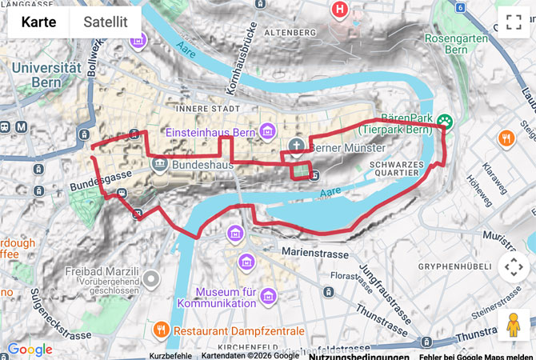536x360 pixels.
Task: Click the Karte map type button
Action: point(38,22)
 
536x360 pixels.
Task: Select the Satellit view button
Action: point(106,22)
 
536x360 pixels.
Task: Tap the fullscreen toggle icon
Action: point(514,22)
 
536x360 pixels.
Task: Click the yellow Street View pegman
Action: point(513,326)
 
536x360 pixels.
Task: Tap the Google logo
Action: point(30,350)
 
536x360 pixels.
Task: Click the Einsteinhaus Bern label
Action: point(210,132)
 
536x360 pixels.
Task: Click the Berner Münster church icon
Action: point(296,146)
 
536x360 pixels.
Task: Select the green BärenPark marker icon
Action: point(444,122)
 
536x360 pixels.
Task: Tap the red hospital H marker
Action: point(340,10)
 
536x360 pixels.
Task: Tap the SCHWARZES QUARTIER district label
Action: point(397,170)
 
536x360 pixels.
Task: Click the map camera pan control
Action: point(513,268)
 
